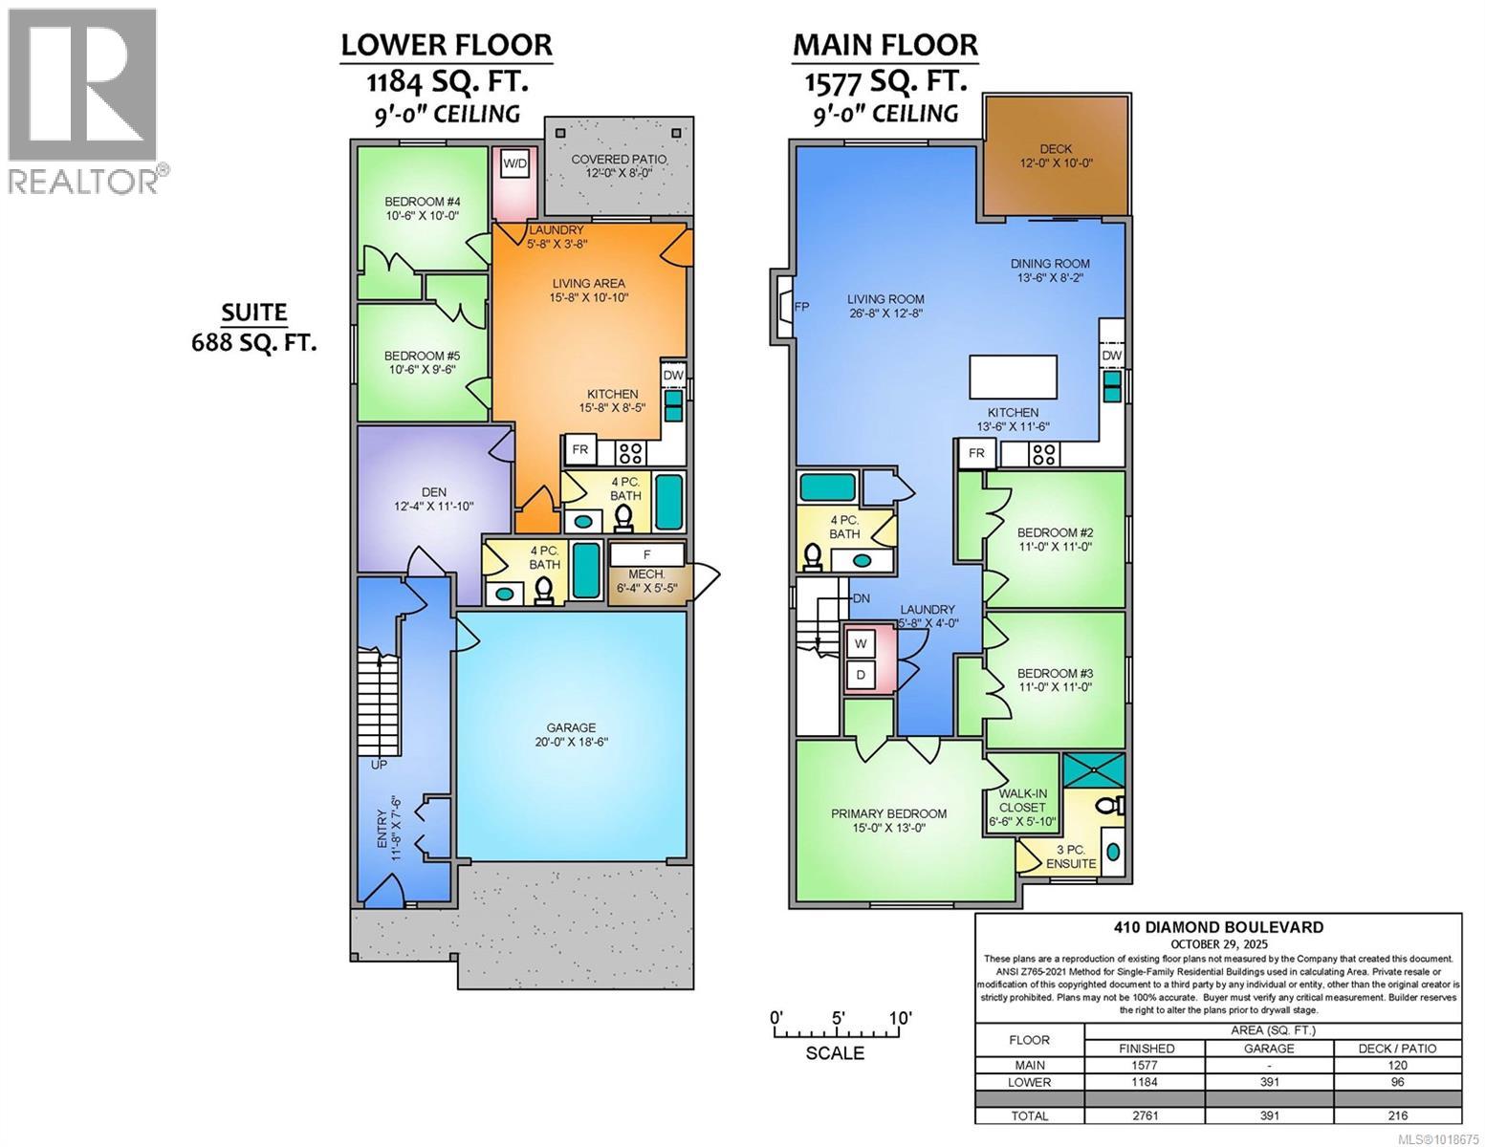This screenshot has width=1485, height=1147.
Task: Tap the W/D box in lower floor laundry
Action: point(515,163)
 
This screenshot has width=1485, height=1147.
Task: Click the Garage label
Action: point(571,734)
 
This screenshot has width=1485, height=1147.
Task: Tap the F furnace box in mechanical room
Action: point(646,554)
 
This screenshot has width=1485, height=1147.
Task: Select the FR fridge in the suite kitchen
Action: point(579,449)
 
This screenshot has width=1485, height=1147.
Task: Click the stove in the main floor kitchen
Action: point(1042,453)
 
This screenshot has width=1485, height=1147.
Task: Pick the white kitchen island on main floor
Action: point(1014,376)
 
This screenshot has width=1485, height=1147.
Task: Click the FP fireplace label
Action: point(802,307)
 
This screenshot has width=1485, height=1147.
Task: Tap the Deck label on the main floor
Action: point(1056,156)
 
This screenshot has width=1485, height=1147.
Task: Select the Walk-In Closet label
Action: point(1022,807)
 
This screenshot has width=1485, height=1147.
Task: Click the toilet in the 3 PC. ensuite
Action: point(1108,807)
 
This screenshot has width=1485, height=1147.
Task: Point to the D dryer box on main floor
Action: point(861,675)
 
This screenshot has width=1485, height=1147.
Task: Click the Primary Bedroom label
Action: point(888,820)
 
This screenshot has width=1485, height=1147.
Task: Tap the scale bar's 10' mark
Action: point(899,1019)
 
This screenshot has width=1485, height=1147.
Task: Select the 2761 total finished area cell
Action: point(1146,1115)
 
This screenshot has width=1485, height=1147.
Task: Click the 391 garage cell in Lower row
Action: point(1268,1082)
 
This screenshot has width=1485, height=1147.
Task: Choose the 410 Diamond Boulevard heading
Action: point(1218,926)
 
